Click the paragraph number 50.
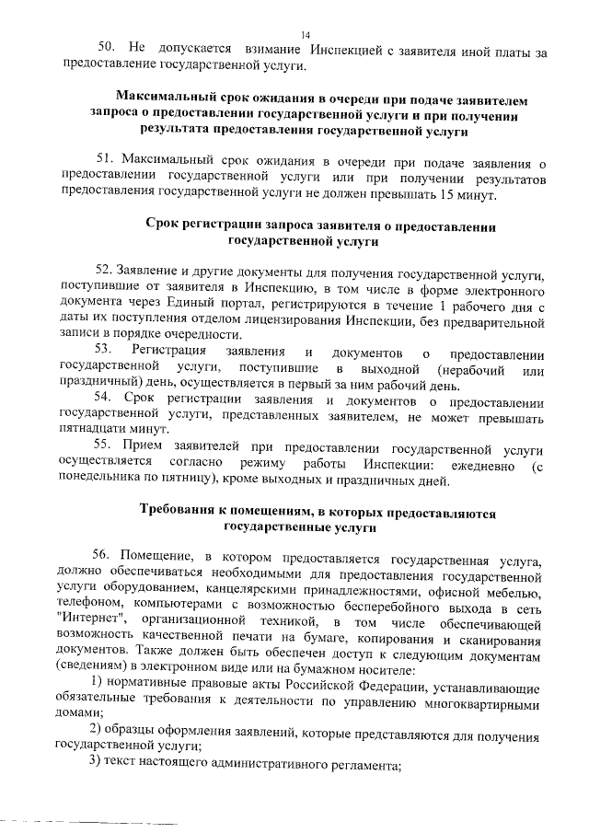(x=108, y=49)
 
